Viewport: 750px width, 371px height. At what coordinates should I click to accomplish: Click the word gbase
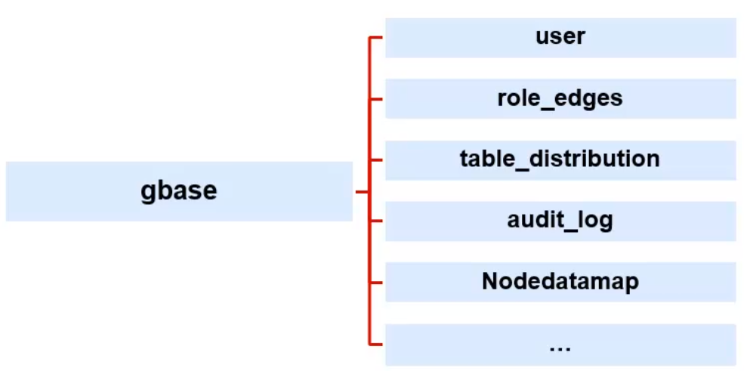click(x=178, y=190)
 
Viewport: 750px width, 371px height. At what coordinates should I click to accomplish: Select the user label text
click(x=560, y=36)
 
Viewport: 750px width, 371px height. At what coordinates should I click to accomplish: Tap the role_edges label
click(x=560, y=98)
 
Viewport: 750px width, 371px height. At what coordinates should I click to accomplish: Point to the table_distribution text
click(x=560, y=159)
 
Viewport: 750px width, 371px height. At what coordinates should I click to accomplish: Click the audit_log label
click(x=560, y=221)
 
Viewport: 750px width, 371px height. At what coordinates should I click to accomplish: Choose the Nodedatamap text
click(x=560, y=282)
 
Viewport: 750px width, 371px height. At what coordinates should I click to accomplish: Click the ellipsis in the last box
click(x=560, y=346)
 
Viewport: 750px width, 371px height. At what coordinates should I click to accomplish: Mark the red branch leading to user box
click(x=377, y=36)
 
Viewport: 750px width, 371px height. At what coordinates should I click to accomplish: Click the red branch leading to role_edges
click(x=377, y=98)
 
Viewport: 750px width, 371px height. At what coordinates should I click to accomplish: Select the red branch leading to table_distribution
click(x=377, y=159)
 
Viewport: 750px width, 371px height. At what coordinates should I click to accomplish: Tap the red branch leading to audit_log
click(x=377, y=221)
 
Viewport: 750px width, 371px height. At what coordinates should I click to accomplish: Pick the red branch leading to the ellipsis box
click(x=377, y=344)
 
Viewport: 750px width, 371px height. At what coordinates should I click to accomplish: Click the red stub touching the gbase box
click(x=361, y=192)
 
